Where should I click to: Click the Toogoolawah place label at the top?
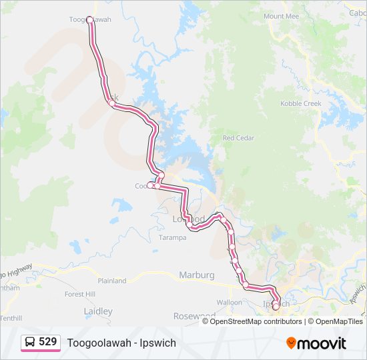(90, 19)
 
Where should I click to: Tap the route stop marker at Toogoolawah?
(89, 20)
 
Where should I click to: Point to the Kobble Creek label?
(300, 103)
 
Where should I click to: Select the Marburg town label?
(197, 275)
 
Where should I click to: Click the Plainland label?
(112, 281)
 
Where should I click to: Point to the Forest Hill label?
(80, 294)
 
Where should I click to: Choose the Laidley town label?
(98, 311)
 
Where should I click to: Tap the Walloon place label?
(229, 302)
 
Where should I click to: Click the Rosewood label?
(194, 315)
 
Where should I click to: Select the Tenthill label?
(11, 318)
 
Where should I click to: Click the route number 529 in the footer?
(47, 342)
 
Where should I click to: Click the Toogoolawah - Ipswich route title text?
(121, 343)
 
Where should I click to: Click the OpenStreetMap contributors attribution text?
(256, 321)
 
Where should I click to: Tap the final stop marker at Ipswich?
(276, 307)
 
